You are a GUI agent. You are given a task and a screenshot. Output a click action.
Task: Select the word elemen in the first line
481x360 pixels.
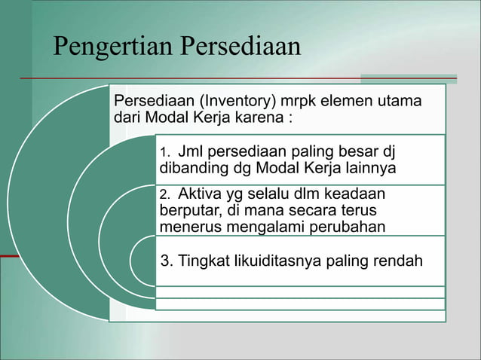[x=341, y=101]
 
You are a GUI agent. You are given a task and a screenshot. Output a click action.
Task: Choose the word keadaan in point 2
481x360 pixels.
[x=364, y=195]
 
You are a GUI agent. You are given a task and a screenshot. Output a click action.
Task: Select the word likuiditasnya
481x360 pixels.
[x=278, y=261]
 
